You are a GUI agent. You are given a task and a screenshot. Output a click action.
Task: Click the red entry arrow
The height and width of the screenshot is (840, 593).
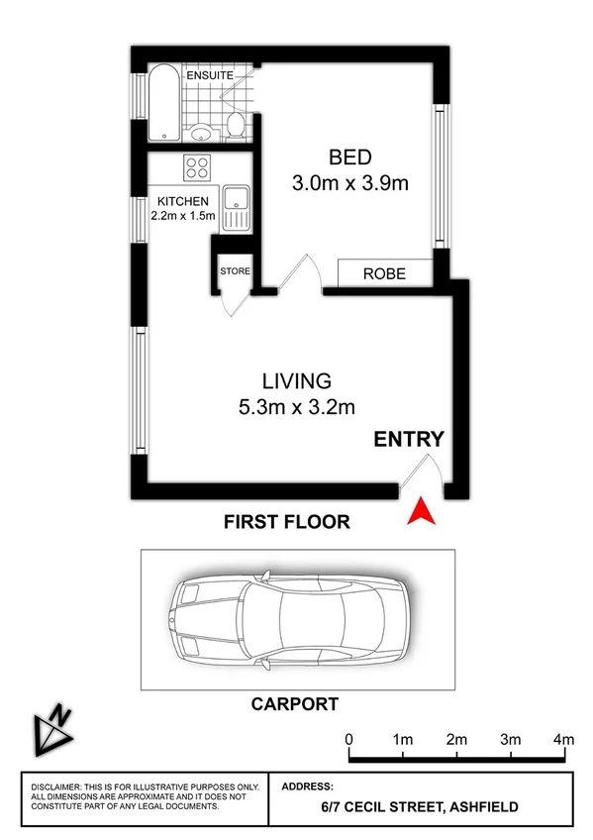tap(422, 511)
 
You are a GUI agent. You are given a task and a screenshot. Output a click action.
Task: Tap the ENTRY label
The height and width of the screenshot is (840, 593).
tap(408, 440)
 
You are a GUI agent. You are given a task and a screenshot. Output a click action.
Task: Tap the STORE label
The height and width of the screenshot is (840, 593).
tap(235, 270)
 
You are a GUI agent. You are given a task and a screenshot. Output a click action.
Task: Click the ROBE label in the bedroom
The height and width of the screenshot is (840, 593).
tap(384, 273)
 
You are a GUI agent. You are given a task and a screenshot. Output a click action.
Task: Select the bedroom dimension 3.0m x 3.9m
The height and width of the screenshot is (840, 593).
tap(350, 183)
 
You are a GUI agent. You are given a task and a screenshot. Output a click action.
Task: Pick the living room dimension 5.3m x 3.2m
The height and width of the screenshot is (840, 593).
tap(296, 406)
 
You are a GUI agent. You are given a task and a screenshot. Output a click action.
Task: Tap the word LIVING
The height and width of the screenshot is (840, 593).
tap(296, 380)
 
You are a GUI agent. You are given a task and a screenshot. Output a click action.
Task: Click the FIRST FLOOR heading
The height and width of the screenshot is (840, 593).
tap(286, 521)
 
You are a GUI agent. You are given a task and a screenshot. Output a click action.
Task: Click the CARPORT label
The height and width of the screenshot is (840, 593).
tap(294, 704)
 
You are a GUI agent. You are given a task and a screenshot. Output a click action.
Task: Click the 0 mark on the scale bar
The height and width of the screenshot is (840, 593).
tap(349, 740)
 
